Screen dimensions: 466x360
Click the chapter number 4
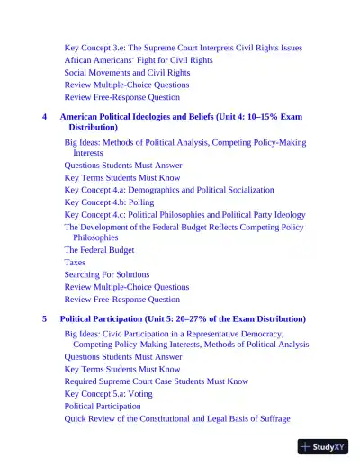pos(45,117)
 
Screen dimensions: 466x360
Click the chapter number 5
pos(45,319)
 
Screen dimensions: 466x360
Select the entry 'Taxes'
pos(75,262)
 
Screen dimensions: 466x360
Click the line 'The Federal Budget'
pos(100,249)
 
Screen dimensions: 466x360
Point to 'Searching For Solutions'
pos(106,273)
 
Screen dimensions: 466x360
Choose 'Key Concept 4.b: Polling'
pos(109,203)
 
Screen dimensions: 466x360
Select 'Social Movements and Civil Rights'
pos(127,72)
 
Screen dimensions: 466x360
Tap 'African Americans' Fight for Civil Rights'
pos(139,59)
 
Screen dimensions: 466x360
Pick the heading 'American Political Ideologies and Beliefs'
pos(150,117)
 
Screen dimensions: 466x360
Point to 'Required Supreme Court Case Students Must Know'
pos(156,381)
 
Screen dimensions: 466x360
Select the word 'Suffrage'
pos(269,419)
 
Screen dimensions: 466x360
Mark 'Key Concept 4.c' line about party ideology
pos(184,216)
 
